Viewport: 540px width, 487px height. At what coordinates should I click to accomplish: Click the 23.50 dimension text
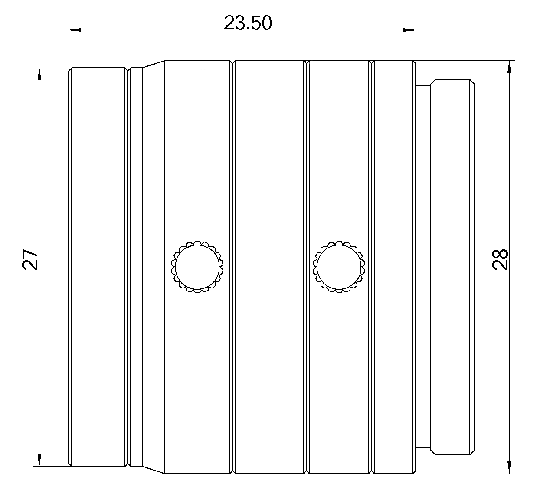tap(248, 23)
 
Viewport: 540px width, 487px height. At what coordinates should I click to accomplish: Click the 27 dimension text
tap(31, 259)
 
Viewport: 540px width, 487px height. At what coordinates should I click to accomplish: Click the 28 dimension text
tap(501, 259)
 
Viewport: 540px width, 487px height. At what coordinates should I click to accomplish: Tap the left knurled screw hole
tap(197, 266)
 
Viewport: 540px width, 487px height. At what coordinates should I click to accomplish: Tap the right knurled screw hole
tap(339, 266)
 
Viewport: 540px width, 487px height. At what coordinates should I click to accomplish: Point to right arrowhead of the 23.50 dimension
tap(409, 30)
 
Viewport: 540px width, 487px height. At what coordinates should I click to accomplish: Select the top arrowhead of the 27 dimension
tap(39, 74)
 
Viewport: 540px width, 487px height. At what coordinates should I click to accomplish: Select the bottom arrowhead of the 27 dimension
tap(39, 460)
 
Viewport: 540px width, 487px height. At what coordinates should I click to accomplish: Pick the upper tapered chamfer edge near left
tap(154, 64)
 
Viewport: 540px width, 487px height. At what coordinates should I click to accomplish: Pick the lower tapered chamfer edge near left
tap(154, 470)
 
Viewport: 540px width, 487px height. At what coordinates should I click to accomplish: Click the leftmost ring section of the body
tap(98, 267)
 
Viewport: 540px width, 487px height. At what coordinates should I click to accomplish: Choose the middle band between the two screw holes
tap(268, 173)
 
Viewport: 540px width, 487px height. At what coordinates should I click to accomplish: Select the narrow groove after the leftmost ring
tap(128, 267)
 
